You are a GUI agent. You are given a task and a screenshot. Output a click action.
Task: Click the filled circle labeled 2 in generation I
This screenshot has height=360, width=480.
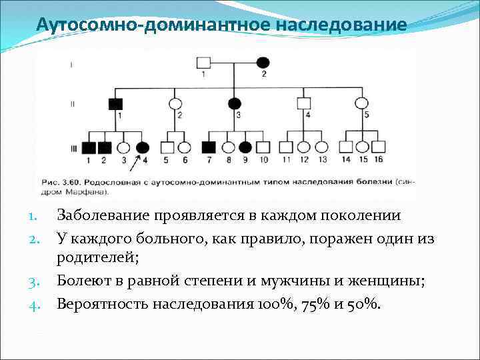click(263, 62)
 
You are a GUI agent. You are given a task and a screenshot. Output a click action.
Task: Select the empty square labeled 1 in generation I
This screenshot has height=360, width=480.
click(203, 63)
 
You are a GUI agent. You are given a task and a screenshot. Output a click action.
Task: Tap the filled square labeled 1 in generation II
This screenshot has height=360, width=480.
click(115, 103)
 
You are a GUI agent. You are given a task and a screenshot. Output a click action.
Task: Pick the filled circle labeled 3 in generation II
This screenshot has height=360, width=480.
click(235, 103)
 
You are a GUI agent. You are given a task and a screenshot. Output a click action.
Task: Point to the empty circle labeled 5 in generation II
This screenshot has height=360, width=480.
click(361, 103)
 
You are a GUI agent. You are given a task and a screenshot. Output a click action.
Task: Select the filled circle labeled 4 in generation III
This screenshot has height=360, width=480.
click(142, 148)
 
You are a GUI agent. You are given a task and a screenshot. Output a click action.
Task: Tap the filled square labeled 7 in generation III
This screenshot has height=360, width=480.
click(209, 148)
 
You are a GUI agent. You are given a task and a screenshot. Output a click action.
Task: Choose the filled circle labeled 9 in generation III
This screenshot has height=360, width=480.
click(245, 148)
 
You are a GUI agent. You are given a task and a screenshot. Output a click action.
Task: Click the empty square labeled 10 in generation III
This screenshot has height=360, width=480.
click(263, 148)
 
